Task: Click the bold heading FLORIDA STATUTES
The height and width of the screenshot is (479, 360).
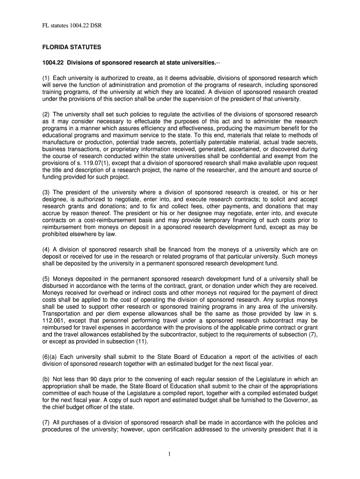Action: pyautogui.click(x=72, y=48)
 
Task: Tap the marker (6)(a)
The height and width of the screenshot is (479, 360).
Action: pyautogui.click(x=49, y=357)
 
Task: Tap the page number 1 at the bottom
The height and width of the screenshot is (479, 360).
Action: pyautogui.click(x=180, y=454)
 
